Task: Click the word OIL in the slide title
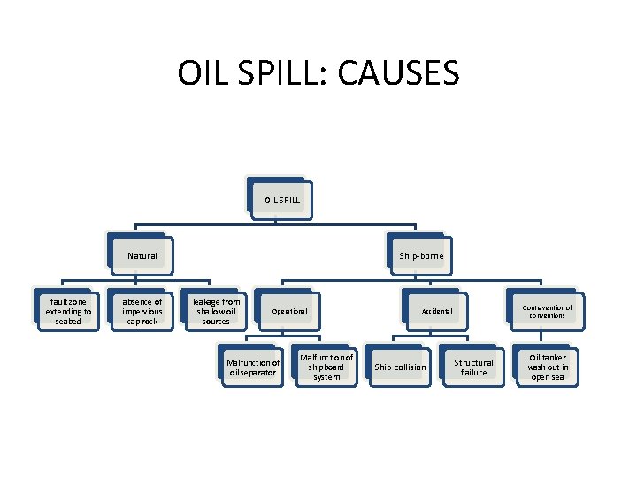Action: (199, 72)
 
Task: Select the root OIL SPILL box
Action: (281, 201)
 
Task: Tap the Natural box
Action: (142, 256)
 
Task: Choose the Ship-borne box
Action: (421, 256)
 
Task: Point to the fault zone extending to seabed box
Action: (68, 312)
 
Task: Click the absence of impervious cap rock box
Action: (142, 312)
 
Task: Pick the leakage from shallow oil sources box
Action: (216, 312)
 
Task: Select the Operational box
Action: (289, 312)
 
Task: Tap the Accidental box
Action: (437, 312)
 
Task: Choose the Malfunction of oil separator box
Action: (253, 367)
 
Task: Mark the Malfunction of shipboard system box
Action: (326, 367)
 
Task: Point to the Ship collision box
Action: (400, 367)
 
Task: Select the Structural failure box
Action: (474, 367)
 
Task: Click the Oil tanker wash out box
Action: (548, 367)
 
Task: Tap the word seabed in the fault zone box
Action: (68, 322)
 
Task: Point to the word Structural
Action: (474, 363)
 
